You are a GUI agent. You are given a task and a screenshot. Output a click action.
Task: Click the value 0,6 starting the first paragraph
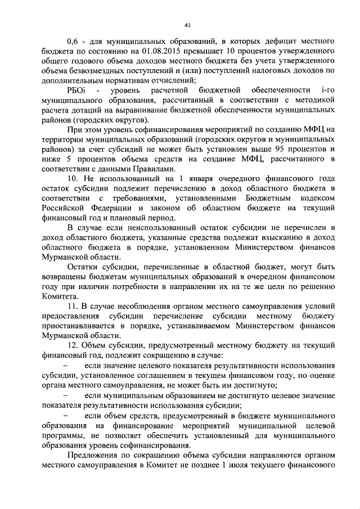[73, 42]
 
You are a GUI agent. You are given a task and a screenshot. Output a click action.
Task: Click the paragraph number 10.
[73, 179]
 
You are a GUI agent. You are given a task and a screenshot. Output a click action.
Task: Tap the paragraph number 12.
[73, 345]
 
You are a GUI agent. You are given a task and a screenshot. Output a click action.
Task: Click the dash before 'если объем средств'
[64, 415]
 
